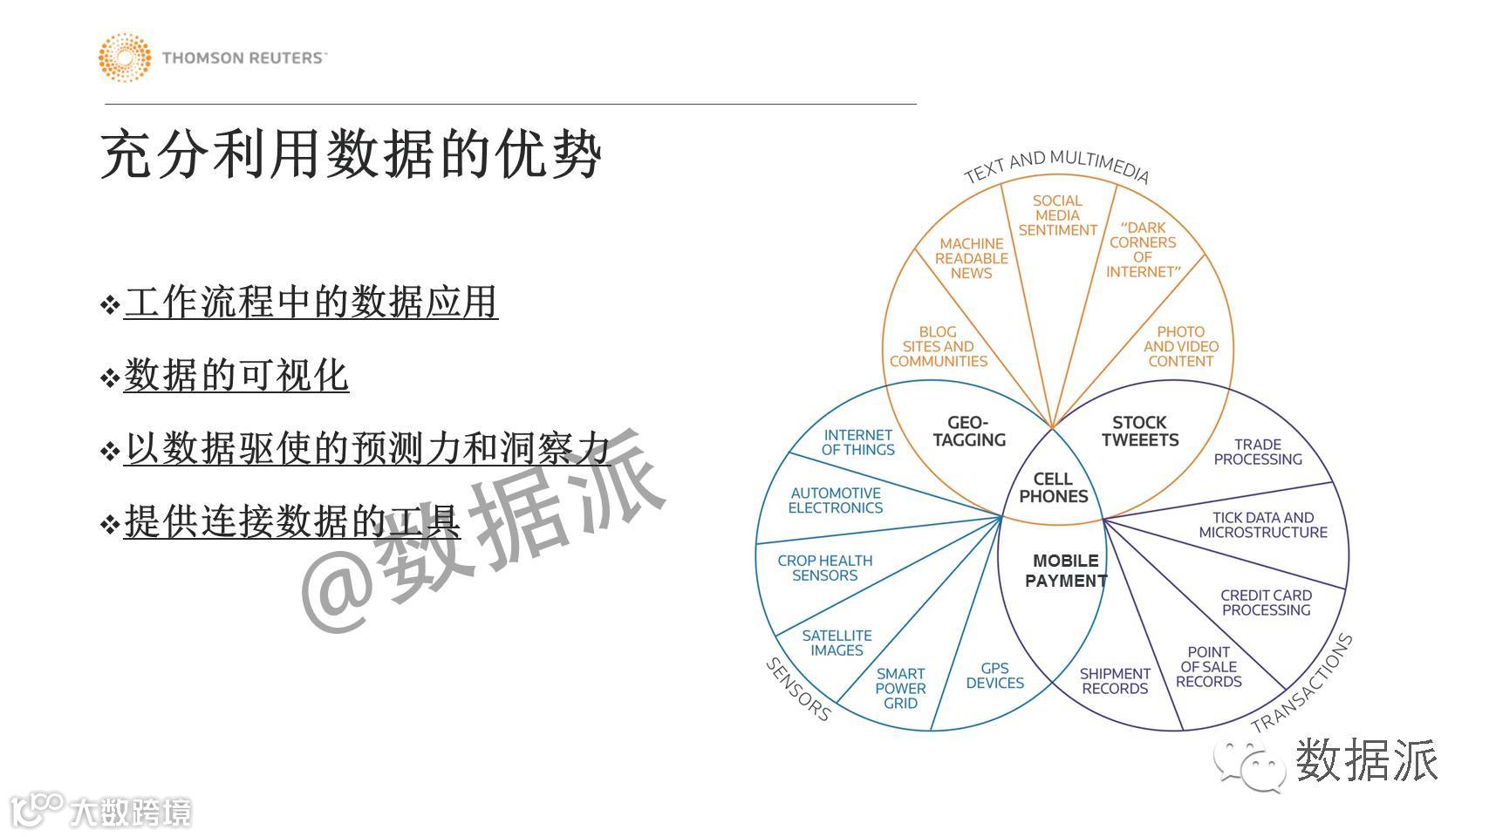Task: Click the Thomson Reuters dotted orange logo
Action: [x=125, y=58]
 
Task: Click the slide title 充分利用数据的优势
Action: [x=351, y=156]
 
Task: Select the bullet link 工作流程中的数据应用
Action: [x=311, y=303]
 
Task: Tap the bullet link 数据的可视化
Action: [x=236, y=376]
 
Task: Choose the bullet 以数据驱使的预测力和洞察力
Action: [x=366, y=449]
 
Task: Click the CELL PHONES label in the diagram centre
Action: [x=1053, y=488]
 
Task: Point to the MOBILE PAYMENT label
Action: [x=1065, y=571]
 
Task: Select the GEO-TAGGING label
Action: [x=968, y=432]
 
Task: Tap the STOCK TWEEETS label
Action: [x=1139, y=432]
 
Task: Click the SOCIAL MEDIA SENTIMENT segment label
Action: [x=1057, y=215]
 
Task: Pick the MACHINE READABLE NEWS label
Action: [x=971, y=258]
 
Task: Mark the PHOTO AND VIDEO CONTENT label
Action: [x=1180, y=346]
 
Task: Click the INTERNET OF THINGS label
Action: [x=857, y=442]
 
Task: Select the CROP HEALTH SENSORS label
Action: [x=824, y=568]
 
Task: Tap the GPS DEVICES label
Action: [x=994, y=676]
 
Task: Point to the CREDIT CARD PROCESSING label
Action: [x=1266, y=602]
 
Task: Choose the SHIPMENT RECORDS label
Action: [x=1115, y=681]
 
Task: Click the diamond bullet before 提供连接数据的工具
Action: [x=110, y=525]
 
